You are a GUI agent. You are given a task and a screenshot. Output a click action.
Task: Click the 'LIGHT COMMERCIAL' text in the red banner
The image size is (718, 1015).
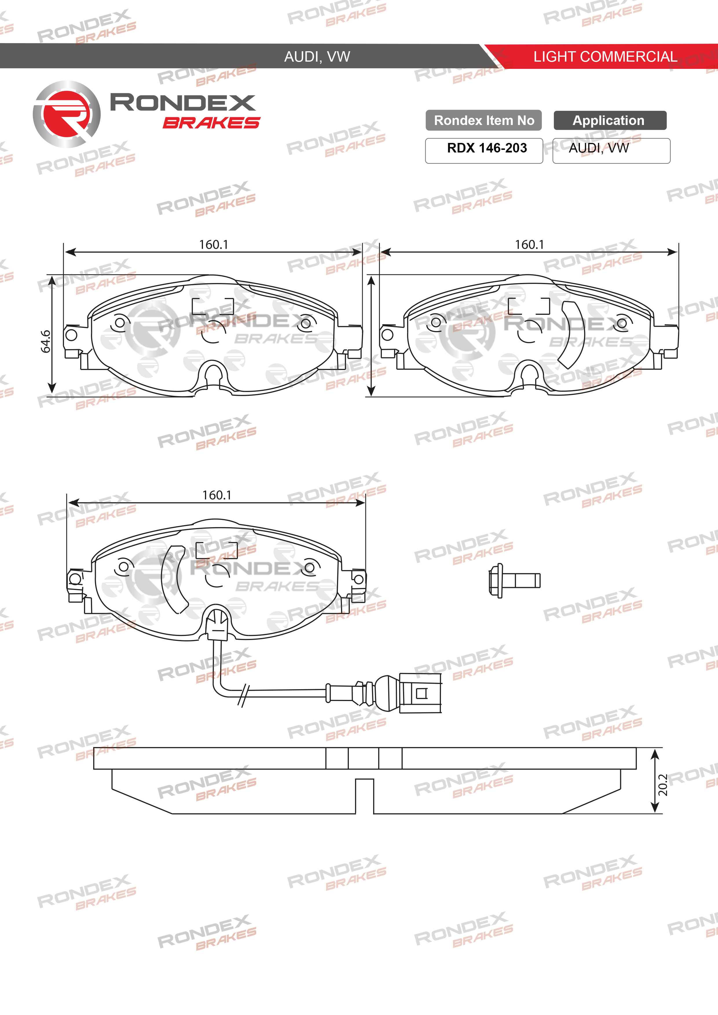[605, 57]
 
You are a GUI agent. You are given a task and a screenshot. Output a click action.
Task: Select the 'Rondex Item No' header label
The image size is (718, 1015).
[484, 120]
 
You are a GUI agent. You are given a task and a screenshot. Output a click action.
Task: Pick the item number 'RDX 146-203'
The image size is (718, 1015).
[487, 148]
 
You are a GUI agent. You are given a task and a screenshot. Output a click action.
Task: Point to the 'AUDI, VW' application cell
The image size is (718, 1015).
[598, 148]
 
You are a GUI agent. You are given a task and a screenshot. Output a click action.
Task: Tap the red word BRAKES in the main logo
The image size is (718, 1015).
[211, 123]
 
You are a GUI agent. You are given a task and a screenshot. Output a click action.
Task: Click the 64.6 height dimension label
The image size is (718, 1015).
[45, 341]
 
